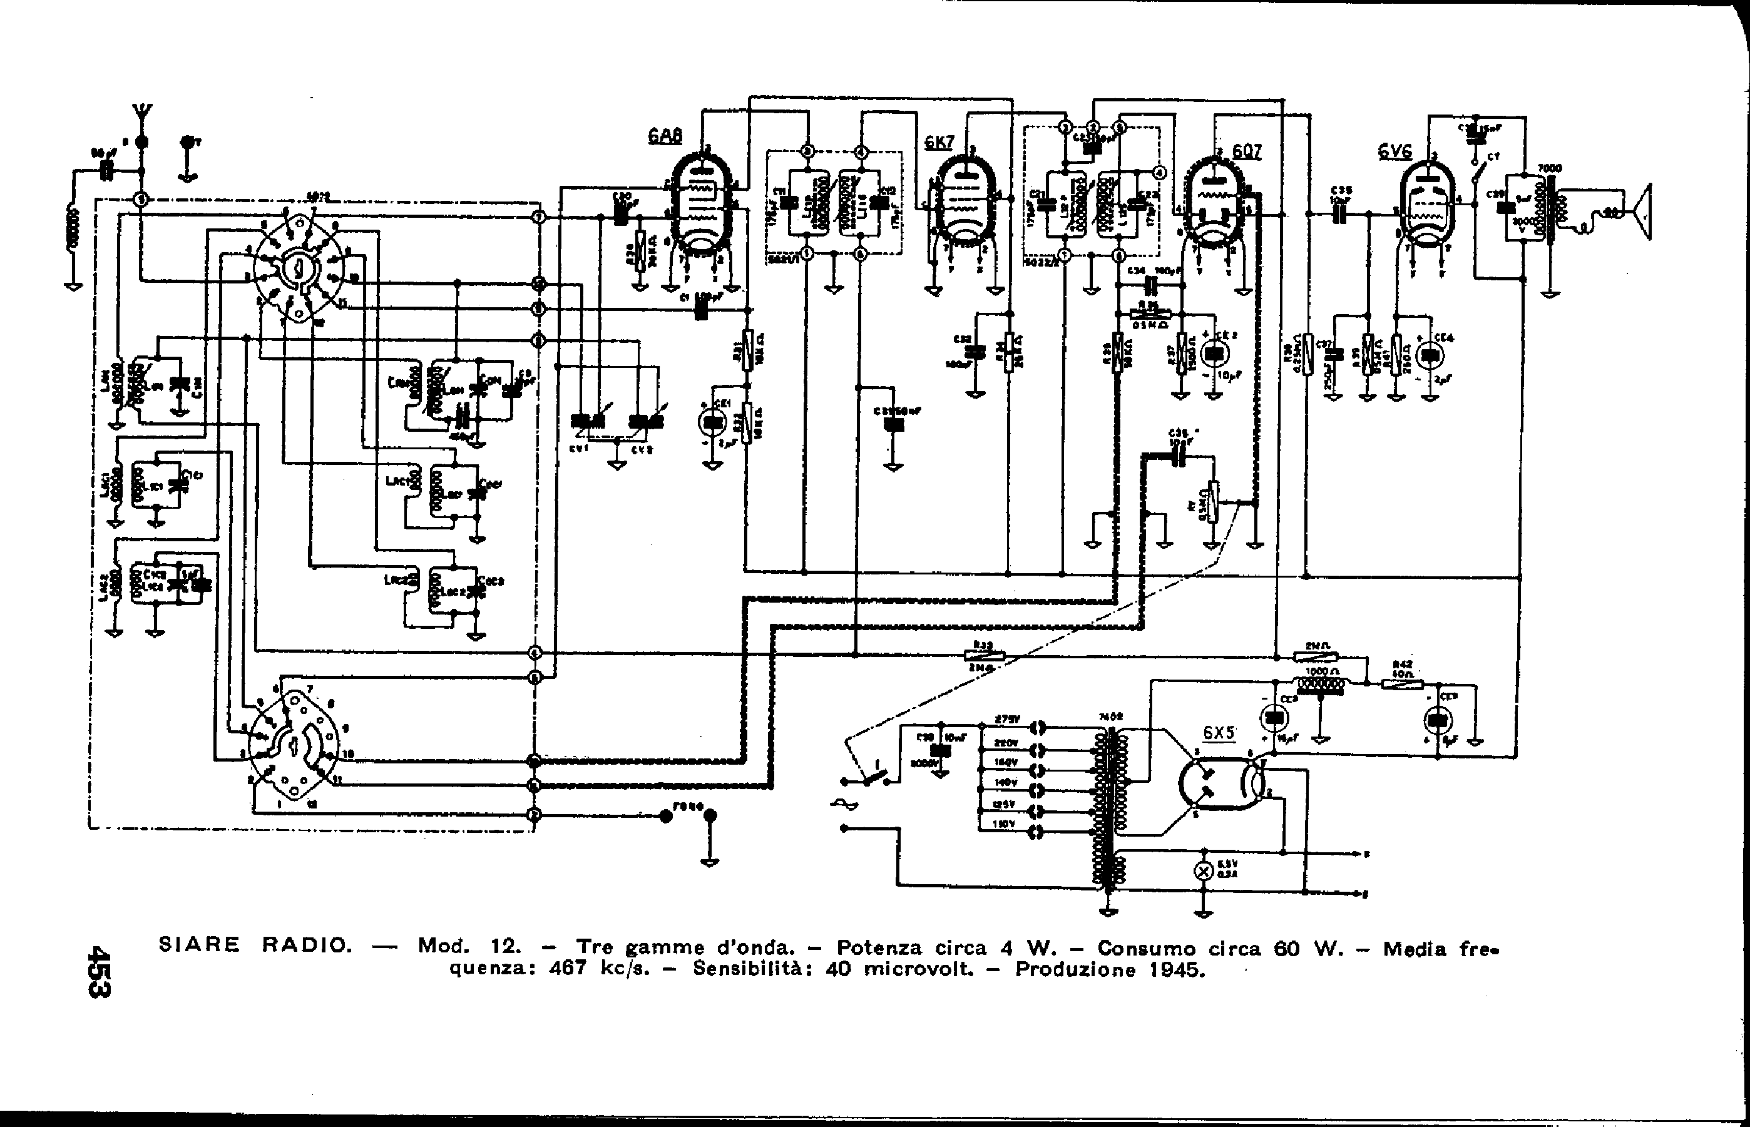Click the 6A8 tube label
(665, 136)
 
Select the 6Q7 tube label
(1246, 151)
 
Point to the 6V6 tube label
(1394, 151)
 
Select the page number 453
(98, 971)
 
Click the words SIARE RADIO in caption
(255, 945)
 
